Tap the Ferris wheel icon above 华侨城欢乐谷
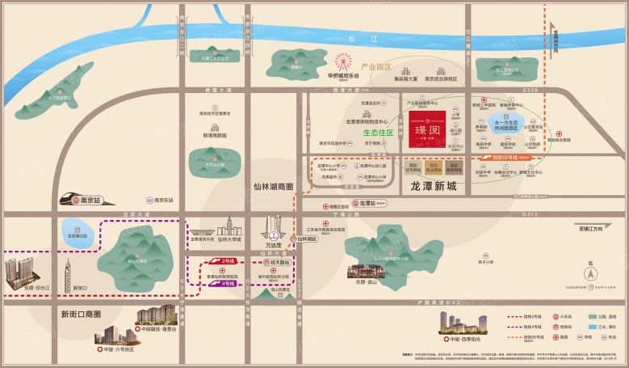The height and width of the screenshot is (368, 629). [342, 61]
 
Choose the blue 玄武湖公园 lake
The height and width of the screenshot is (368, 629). [78, 235]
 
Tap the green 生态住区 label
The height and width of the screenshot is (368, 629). [376, 132]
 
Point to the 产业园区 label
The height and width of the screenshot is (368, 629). [375, 67]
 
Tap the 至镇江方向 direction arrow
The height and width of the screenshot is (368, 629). [594, 229]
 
